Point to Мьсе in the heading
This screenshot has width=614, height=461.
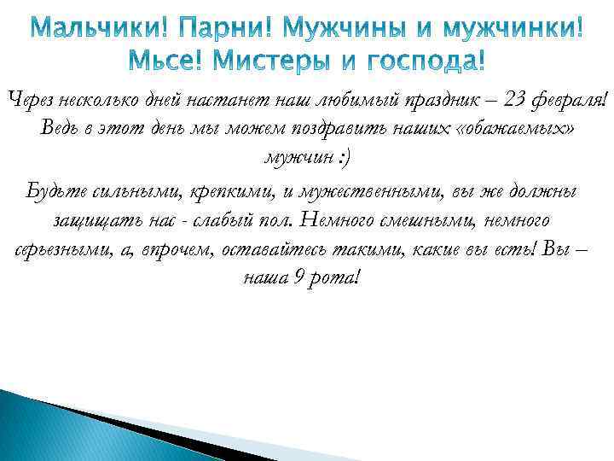pyautogui.click(x=165, y=61)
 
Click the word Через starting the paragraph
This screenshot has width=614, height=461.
pyautogui.click(x=32, y=101)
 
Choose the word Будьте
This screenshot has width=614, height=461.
pyautogui.click(x=54, y=190)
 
